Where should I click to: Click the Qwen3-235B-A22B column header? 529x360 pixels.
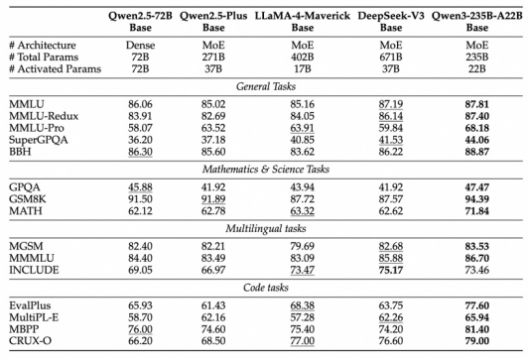coord(477,21)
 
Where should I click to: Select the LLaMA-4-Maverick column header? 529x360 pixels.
coord(303,21)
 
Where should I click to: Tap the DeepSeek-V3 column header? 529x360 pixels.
coord(391,21)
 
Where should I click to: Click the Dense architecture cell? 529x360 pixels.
coord(140,46)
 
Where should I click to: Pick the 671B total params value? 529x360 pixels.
coord(391,57)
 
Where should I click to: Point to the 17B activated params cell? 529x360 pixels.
coord(303,68)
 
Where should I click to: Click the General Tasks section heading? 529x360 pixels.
coord(266,86)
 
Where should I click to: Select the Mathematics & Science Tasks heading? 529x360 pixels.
coord(266,170)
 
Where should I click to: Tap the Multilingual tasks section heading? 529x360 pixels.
coord(266,228)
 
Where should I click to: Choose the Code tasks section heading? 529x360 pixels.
coord(266,288)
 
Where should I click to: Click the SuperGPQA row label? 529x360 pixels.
coord(39,140)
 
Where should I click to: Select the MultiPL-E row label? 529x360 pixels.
coord(34,317)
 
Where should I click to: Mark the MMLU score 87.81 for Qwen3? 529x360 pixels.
coord(477,104)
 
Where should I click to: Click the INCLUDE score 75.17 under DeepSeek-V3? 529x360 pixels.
coord(391,270)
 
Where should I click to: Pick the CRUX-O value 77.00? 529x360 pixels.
coord(303,341)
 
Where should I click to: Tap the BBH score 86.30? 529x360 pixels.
coord(140,152)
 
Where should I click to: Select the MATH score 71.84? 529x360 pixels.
coord(477,211)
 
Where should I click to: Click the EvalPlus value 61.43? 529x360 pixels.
coord(213,305)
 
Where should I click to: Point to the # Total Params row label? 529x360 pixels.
coord(44,57)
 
